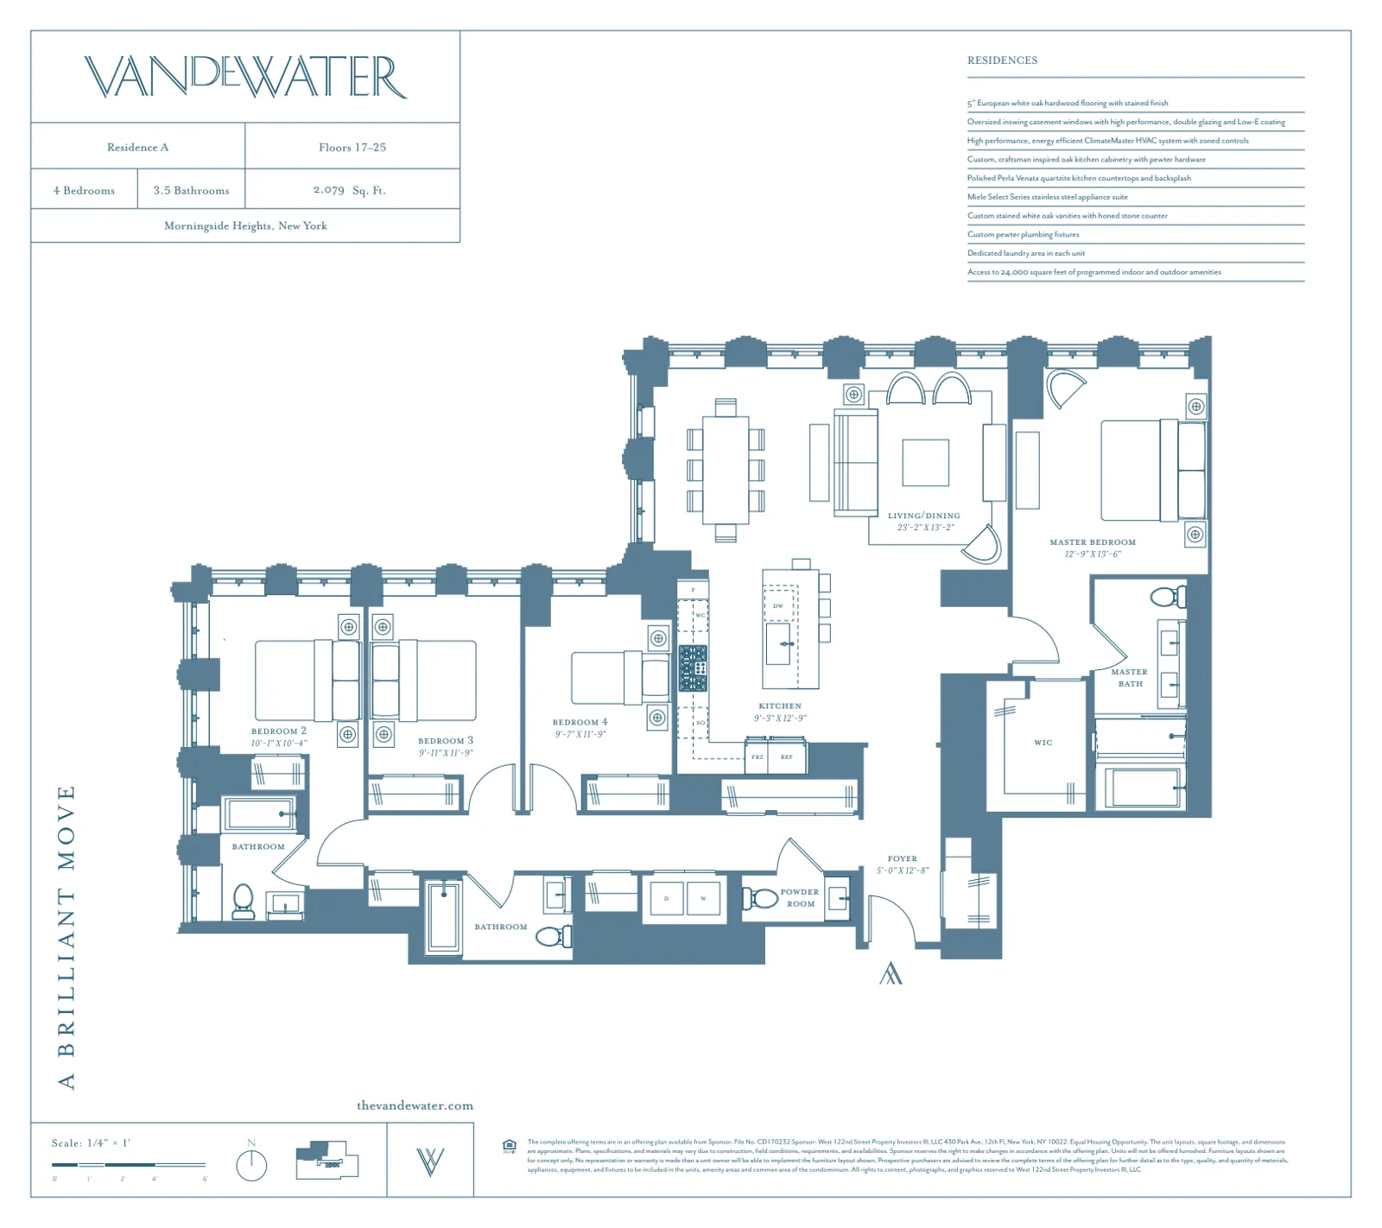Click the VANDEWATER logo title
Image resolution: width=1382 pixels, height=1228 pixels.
pos(245,77)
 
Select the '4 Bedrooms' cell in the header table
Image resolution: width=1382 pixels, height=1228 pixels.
pos(84,190)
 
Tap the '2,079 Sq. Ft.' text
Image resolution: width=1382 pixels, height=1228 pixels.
pos(350,190)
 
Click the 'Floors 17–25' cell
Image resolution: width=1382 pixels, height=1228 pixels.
pos(352,148)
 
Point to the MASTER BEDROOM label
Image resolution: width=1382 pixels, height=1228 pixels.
pos(1093,542)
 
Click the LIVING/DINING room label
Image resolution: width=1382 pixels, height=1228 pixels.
pos(923,516)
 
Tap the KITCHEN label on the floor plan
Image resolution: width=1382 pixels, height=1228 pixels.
pos(780,706)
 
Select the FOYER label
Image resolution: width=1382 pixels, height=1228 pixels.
pos(902,859)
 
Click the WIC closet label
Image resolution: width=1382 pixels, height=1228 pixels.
pos(1043,743)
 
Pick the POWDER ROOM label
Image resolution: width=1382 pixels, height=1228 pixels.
pos(800,898)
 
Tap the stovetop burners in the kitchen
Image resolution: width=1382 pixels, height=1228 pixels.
pos(693,668)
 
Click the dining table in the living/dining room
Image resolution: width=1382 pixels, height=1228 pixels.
pos(726,470)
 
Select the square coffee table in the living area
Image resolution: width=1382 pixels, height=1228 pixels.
pos(925,463)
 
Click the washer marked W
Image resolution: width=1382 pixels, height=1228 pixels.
pos(703,898)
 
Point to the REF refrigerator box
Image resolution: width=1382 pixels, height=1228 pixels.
pos(787,757)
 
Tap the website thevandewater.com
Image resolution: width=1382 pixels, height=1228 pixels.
pos(415,1105)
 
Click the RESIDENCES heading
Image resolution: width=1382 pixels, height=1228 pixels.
pos(1002,60)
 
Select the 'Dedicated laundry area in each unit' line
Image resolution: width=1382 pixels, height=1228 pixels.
pos(1026,253)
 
